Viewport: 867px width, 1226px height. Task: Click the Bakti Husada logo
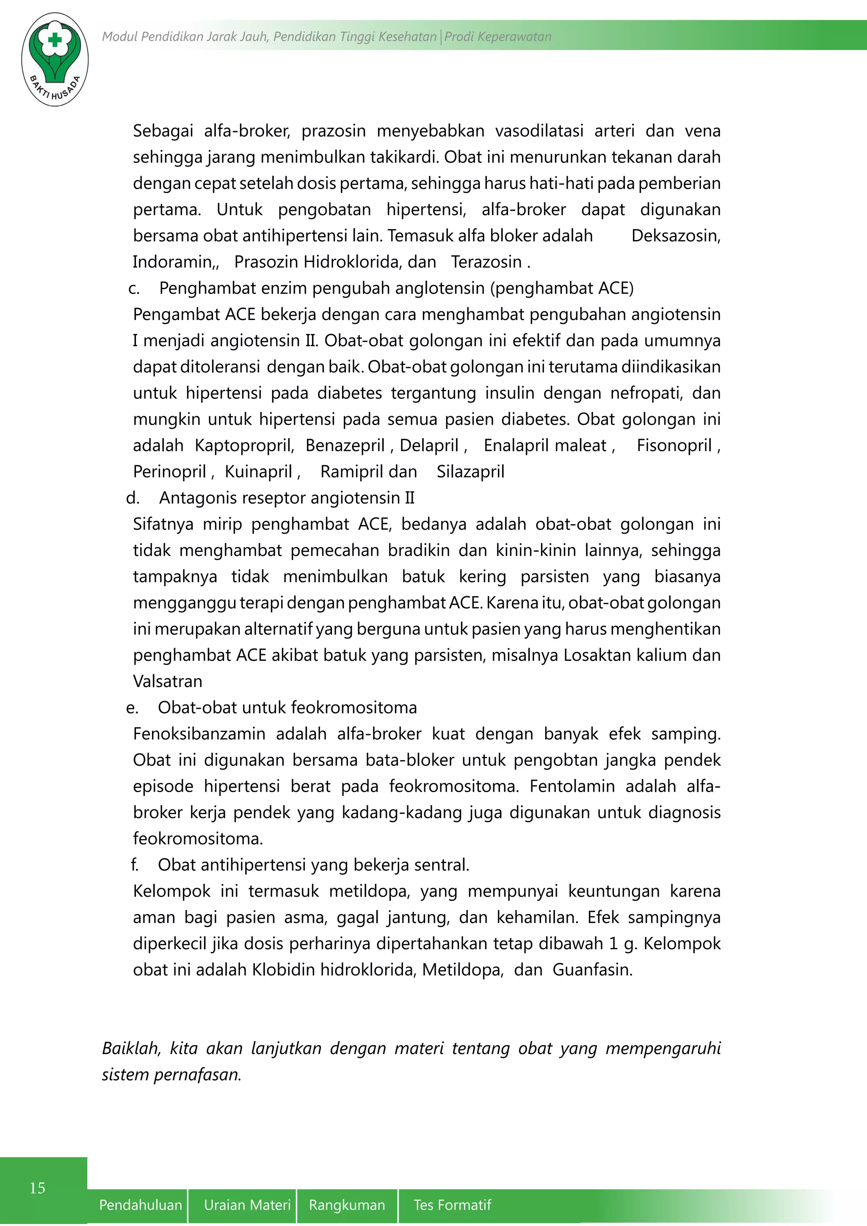coord(55,59)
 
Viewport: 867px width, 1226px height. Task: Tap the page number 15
coord(37,1187)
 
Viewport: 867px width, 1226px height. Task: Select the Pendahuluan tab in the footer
coord(141,1205)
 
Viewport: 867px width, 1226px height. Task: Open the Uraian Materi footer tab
coord(247,1205)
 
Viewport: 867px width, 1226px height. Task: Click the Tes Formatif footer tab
coord(452,1205)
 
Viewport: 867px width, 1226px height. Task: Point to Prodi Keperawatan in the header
coord(497,36)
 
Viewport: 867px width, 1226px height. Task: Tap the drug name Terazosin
coord(486,262)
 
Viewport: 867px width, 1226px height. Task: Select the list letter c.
coord(134,289)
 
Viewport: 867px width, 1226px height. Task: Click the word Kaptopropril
coord(244,445)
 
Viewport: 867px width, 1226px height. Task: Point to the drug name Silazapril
coord(470,472)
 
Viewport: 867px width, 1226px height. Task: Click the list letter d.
coord(133,498)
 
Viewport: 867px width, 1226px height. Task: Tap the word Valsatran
coord(168,681)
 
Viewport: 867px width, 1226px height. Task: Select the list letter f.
coord(135,864)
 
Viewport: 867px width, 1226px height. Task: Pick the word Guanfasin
coord(592,970)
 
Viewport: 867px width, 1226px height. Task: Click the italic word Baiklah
coord(131,1048)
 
